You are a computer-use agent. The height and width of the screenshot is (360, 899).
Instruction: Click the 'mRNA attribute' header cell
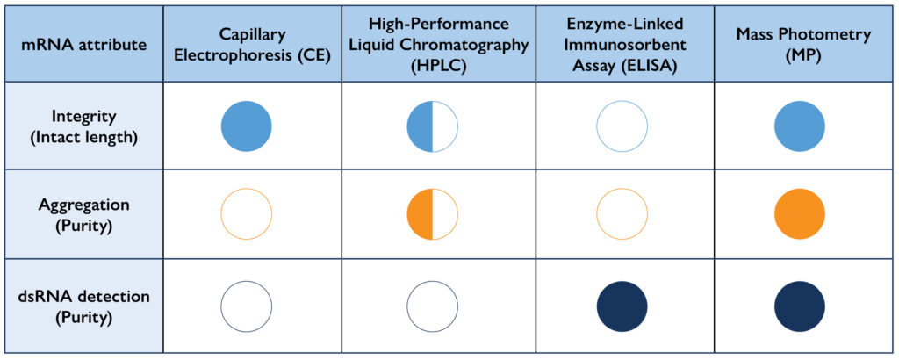[83, 44]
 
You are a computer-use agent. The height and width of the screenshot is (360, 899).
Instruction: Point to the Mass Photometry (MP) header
[799, 44]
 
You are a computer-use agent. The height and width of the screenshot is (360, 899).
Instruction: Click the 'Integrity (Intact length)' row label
[83, 127]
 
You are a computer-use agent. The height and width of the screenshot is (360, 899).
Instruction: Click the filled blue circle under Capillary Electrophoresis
[246, 127]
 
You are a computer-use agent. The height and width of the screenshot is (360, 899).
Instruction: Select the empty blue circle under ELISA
[622, 127]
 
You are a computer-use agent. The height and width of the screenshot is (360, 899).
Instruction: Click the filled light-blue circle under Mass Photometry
[799, 127]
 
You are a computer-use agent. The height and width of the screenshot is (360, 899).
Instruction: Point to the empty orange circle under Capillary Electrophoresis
[246, 215]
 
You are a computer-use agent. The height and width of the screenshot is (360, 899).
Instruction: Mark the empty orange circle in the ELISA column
[622, 215]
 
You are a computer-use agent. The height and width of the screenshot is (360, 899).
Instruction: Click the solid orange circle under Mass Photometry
[799, 215]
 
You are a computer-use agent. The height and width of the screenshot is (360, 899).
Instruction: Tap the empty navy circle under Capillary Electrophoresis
[246, 306]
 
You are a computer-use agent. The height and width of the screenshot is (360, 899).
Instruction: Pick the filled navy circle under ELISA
[622, 306]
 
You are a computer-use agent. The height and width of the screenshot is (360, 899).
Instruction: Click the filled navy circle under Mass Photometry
[799, 306]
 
